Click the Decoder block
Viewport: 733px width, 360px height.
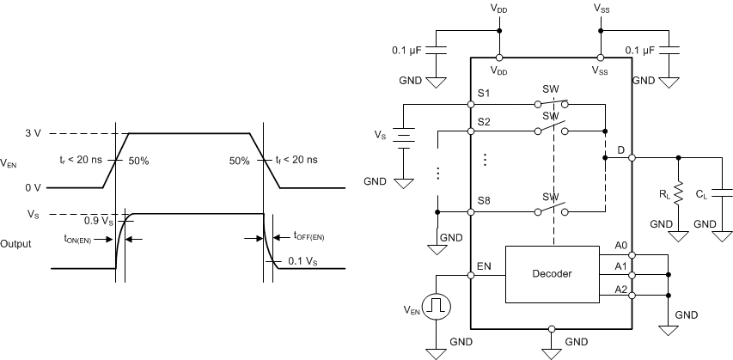coord(550,274)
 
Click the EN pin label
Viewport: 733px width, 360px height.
coord(485,267)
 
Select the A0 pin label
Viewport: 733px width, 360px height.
coord(620,247)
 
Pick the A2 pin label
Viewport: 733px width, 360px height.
coord(620,289)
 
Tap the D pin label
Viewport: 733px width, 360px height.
coord(620,150)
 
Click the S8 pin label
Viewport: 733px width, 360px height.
coord(485,202)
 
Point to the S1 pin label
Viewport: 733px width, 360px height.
coord(485,93)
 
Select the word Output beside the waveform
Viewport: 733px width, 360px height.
coord(16,243)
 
